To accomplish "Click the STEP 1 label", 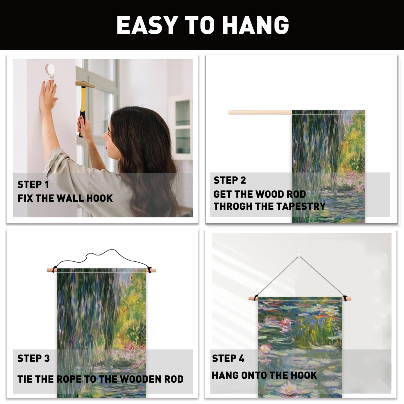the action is tap(33, 185).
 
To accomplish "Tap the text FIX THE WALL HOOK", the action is tap(65, 198).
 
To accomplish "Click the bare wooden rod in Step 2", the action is tap(260, 112).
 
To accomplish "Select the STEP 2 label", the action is tap(230, 180).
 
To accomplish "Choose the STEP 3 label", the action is tap(34, 358).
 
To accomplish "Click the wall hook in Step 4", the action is tap(298, 252).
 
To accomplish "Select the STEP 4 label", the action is tap(228, 358).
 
